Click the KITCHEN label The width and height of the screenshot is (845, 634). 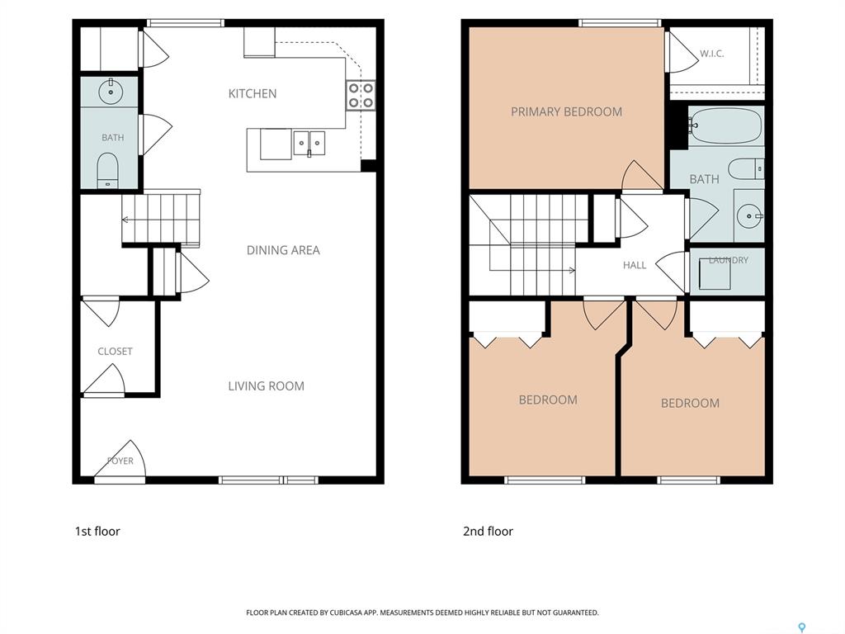(253, 94)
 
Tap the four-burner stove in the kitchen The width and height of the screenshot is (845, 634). (361, 96)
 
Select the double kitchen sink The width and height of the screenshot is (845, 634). (309, 143)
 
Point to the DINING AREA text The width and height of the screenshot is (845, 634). (283, 250)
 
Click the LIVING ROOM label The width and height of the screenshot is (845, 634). (267, 386)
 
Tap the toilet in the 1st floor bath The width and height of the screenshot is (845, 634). (108, 169)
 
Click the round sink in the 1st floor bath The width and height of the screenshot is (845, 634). (111, 92)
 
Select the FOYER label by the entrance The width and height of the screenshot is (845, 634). (120, 461)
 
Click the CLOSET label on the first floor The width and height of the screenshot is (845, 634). (115, 352)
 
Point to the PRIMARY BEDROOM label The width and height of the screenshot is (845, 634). (566, 112)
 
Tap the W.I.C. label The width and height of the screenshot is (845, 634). (712, 54)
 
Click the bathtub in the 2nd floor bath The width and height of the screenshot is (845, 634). (725, 125)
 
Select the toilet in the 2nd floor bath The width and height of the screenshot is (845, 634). (746, 168)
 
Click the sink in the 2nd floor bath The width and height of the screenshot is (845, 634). (749, 216)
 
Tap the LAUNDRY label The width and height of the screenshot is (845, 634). (729, 260)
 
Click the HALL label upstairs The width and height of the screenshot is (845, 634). (635, 265)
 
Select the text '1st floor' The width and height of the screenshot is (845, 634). (97, 531)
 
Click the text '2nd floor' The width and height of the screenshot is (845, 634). (489, 531)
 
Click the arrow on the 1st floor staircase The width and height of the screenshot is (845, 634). (161, 220)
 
